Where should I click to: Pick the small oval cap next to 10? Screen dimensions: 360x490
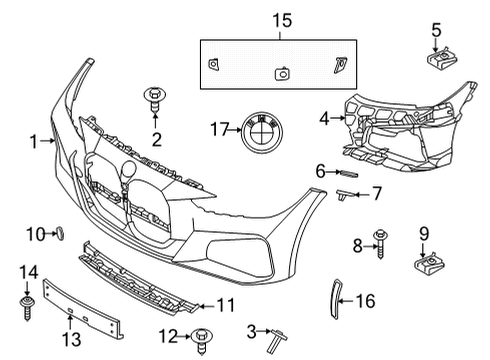[57, 233]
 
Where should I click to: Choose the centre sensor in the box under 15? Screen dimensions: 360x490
[283, 72]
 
